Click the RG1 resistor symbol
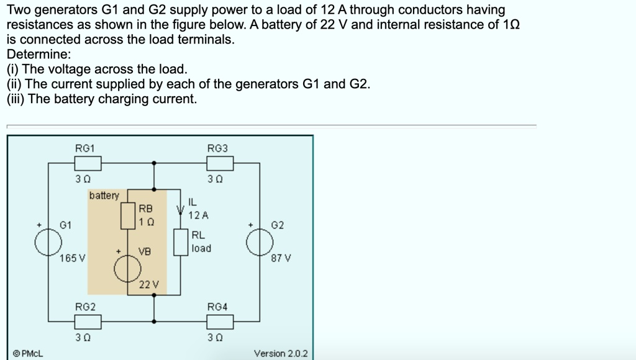(x=88, y=163)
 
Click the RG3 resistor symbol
(x=220, y=163)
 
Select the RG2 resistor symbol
(x=88, y=322)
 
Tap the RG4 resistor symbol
(x=220, y=322)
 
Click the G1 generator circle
(x=48, y=243)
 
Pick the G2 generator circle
(x=260, y=243)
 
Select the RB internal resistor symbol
(x=128, y=215)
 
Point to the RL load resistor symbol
(x=181, y=242)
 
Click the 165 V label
(x=73, y=258)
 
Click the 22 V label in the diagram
(x=149, y=285)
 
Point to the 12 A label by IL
(x=199, y=215)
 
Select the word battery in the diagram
(x=104, y=196)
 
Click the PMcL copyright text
(x=28, y=353)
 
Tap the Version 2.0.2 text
(x=281, y=353)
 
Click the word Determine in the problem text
(x=39, y=54)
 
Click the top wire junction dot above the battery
(x=155, y=163)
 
